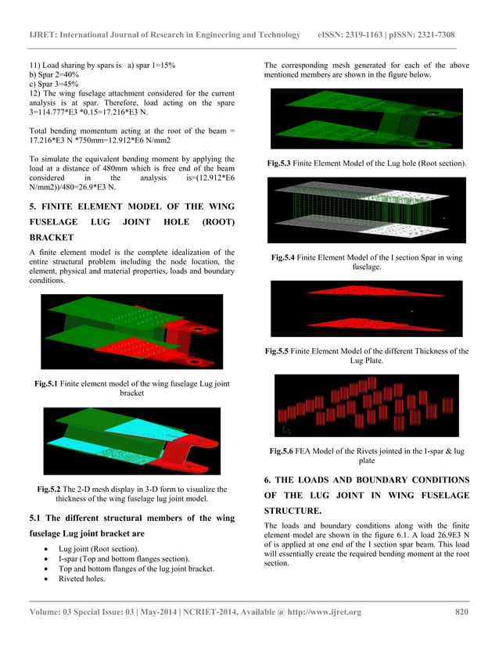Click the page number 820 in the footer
coord(461,612)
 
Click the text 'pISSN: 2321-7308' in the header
coord(428,35)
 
